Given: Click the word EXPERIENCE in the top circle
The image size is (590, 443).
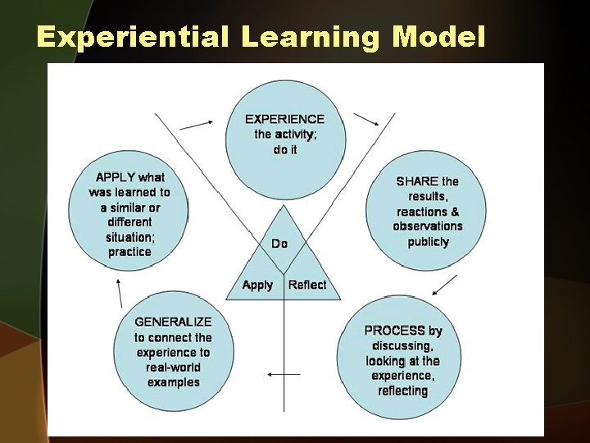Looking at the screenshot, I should click(x=284, y=119).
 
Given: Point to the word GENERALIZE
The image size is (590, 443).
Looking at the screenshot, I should click(x=173, y=322).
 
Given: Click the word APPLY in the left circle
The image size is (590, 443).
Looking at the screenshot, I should click(x=116, y=177).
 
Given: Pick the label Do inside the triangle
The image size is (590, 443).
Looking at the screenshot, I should click(x=279, y=244).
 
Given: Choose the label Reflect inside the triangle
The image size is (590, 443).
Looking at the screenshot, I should click(x=307, y=285).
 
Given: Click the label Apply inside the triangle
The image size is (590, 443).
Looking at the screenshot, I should click(x=257, y=285).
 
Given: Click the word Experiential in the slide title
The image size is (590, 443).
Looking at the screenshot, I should click(x=133, y=37).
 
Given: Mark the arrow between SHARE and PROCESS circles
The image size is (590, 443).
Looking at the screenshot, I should click(x=445, y=285).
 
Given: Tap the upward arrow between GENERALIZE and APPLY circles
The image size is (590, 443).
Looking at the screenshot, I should click(x=120, y=291).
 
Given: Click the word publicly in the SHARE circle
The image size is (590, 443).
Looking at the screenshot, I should click(x=428, y=242).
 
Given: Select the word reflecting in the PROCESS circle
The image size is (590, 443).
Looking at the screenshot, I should click(x=402, y=390).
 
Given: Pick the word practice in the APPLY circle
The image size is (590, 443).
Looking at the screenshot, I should click(x=129, y=252).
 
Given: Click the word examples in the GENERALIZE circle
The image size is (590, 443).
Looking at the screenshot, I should click(x=173, y=382).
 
